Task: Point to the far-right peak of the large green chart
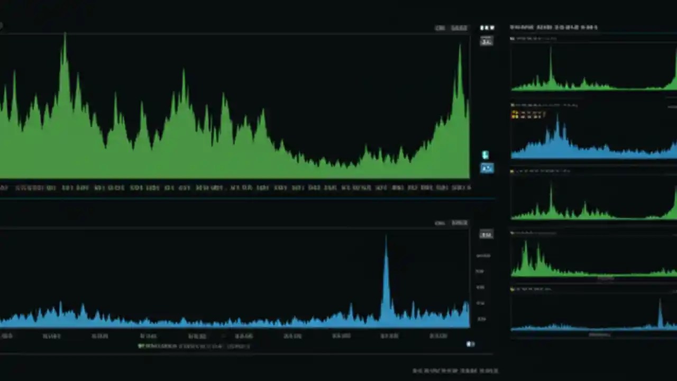pos(460,47)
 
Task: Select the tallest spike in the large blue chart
pos(386,238)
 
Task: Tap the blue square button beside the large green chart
pos(487,168)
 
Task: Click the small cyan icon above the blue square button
pos(485,155)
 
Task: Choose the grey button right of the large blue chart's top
pos(486,234)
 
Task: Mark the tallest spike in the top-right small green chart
pos(550,49)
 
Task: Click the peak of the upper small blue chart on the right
pos(557,117)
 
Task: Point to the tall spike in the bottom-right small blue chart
pos(660,302)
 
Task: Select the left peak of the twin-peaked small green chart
pos(525,243)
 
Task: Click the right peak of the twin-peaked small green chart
pos(538,246)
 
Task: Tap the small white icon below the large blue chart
pos(470,344)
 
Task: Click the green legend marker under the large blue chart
pos(141,346)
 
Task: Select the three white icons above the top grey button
pos(487,28)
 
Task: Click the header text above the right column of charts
pos(553,27)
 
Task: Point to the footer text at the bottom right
pos(455,370)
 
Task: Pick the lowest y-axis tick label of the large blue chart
pos(481,319)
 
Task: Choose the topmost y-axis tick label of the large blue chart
pos(482,256)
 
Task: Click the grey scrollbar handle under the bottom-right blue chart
pos(599,334)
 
